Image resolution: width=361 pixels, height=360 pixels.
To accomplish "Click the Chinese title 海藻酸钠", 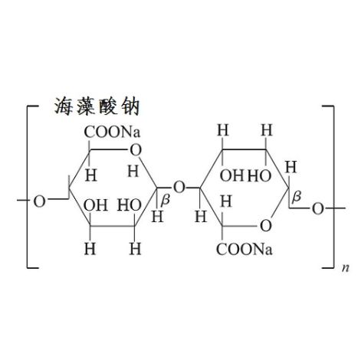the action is pos(97,106).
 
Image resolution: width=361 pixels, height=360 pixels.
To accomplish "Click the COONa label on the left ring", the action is pos(112,133).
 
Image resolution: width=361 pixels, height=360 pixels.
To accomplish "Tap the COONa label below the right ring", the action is pos(244,250).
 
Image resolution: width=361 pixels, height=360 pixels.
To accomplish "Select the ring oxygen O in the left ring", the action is pos(136,150).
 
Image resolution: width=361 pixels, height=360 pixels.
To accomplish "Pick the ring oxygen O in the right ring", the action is pos(266,226).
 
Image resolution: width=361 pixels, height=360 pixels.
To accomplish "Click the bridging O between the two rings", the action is pos(179,188).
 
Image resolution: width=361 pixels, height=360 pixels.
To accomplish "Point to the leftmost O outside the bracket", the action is pos(40,201).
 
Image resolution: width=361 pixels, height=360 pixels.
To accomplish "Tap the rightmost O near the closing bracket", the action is pos(318,208).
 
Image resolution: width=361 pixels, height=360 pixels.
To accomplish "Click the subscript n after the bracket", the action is pos(346,268).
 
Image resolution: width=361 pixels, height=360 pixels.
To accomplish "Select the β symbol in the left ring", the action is pos(165,199).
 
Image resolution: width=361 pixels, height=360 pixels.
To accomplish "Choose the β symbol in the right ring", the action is pos(297,196).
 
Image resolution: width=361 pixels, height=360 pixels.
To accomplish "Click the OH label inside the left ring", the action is pos(96,205).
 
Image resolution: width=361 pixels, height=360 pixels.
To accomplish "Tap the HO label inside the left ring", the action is pos(130,205).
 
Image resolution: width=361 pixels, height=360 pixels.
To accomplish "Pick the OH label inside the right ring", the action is pos(232,176).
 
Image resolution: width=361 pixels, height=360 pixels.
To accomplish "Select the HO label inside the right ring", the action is pos(260,176).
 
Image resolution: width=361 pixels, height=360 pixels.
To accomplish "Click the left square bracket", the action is pos(33,187).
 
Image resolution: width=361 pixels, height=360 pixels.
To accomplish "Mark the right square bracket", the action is pos(328,187).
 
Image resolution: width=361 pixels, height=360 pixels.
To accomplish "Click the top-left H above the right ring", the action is pos(223,130).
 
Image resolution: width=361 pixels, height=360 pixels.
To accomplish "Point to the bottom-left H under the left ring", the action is pos(90,249).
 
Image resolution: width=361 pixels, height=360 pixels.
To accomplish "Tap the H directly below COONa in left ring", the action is pos(91,175).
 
